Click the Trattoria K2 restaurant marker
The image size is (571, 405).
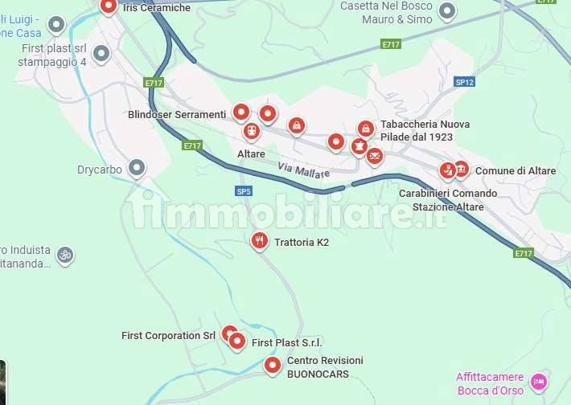[x=259, y=239]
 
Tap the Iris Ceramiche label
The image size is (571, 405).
[x=157, y=7]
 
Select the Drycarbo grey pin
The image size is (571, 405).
[x=138, y=168]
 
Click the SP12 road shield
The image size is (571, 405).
[x=464, y=82]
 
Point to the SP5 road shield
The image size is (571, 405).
[x=244, y=191]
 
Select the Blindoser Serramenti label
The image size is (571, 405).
[x=177, y=115]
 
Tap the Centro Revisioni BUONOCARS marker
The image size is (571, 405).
[x=273, y=366]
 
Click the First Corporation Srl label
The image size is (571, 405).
[x=168, y=336]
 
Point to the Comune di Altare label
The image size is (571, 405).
[x=516, y=171]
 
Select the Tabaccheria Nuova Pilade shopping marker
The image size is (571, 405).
[x=366, y=129]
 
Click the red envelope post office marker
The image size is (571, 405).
[x=375, y=156]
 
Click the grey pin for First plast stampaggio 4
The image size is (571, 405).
[x=101, y=54]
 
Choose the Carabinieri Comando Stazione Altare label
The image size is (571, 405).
[x=442, y=200]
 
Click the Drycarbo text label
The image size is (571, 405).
[x=99, y=170]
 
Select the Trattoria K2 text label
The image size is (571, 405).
[x=302, y=242]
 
